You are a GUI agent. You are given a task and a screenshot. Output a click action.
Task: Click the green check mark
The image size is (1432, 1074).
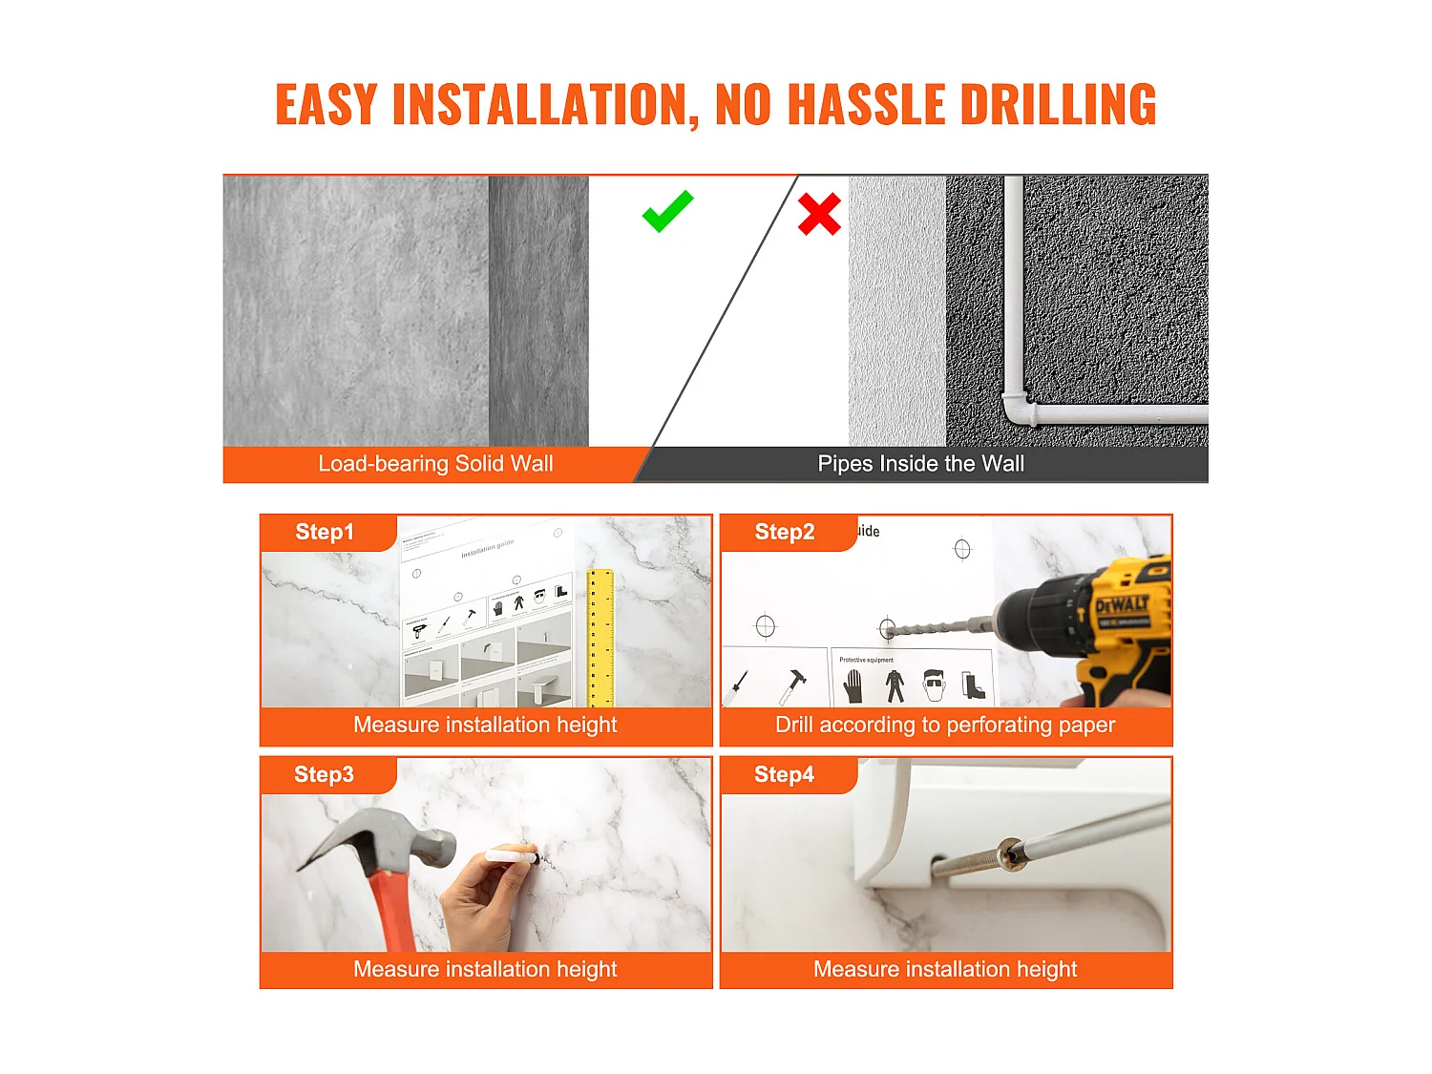coord(667,212)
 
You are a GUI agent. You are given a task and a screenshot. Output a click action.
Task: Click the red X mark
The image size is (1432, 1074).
coord(819,214)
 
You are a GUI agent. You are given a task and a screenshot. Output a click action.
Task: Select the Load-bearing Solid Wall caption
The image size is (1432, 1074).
coord(435,464)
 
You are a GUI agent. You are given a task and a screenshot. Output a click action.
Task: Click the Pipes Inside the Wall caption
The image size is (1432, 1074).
coord(920,464)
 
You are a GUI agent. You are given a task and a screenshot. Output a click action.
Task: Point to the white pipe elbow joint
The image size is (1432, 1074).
coord(1018,409)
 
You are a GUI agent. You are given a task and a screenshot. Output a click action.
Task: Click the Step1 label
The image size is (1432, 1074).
coord(325,533)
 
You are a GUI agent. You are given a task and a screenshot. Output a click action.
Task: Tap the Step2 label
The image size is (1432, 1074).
coord(785,533)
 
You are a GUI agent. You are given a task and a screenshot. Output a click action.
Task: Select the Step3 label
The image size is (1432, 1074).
coord(324,775)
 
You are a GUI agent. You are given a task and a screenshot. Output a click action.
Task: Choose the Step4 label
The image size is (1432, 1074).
coord(784,775)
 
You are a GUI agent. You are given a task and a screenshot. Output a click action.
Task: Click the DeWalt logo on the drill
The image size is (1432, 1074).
coord(1122,605)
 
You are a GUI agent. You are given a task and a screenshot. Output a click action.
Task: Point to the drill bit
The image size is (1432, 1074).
coord(931,627)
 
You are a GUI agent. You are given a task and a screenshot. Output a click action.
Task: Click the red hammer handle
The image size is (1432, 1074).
coord(392,907)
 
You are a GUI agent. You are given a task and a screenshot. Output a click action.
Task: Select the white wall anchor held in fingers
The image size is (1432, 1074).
coord(512,856)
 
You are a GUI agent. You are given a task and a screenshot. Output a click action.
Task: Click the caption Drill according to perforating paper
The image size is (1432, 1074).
coord(945,726)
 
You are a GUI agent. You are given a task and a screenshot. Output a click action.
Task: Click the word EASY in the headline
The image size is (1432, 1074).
coord(326,105)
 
